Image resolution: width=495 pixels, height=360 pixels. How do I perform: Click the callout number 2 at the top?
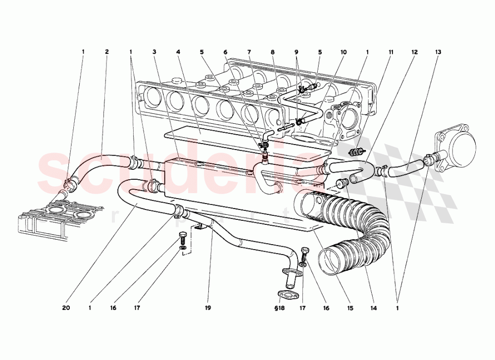[x=106, y=51]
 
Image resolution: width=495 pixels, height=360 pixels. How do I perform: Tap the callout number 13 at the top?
[x=438, y=51]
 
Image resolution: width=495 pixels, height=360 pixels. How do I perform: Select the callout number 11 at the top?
[x=391, y=51]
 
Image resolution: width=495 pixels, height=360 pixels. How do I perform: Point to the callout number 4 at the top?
[x=178, y=51]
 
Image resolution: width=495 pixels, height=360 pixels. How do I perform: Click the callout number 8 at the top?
[x=272, y=51]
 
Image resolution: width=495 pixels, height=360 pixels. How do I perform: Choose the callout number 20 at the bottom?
[x=66, y=308]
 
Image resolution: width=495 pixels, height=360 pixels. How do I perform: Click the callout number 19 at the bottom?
[x=208, y=308]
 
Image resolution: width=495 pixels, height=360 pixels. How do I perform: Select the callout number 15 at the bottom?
[x=350, y=308]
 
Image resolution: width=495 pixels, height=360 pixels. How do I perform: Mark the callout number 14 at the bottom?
[x=373, y=308]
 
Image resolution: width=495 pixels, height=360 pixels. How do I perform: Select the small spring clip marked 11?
[x=355, y=151]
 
